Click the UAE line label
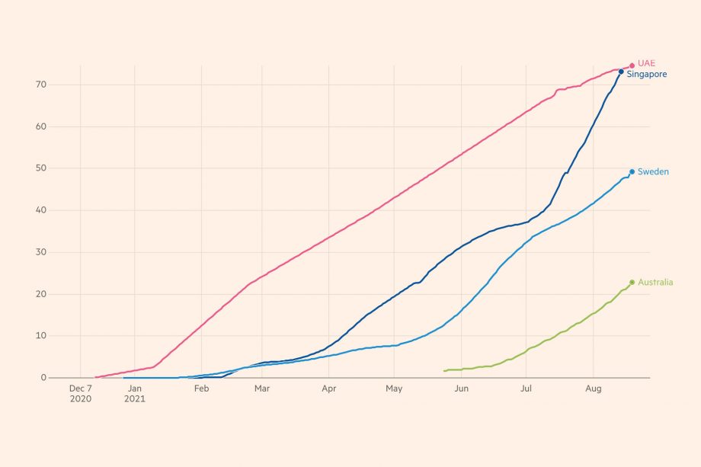click(x=647, y=63)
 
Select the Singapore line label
click(x=647, y=75)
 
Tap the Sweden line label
click(x=653, y=172)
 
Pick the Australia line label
click(x=655, y=283)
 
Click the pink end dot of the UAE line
click(x=632, y=66)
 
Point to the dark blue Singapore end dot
click(x=621, y=72)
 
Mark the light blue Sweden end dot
click(x=632, y=172)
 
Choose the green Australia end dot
click(x=632, y=283)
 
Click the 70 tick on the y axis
click(x=41, y=85)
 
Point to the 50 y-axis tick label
click(x=41, y=168)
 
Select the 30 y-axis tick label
click(x=41, y=252)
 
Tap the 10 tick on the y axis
click(x=41, y=336)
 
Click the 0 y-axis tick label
click(x=43, y=378)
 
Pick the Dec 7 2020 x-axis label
click(x=80, y=393)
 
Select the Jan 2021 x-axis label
click(x=134, y=393)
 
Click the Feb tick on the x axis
click(x=201, y=389)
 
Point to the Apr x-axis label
click(x=329, y=389)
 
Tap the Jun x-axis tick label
click(x=461, y=389)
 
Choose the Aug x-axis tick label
click(x=594, y=389)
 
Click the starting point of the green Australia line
click(x=444, y=371)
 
